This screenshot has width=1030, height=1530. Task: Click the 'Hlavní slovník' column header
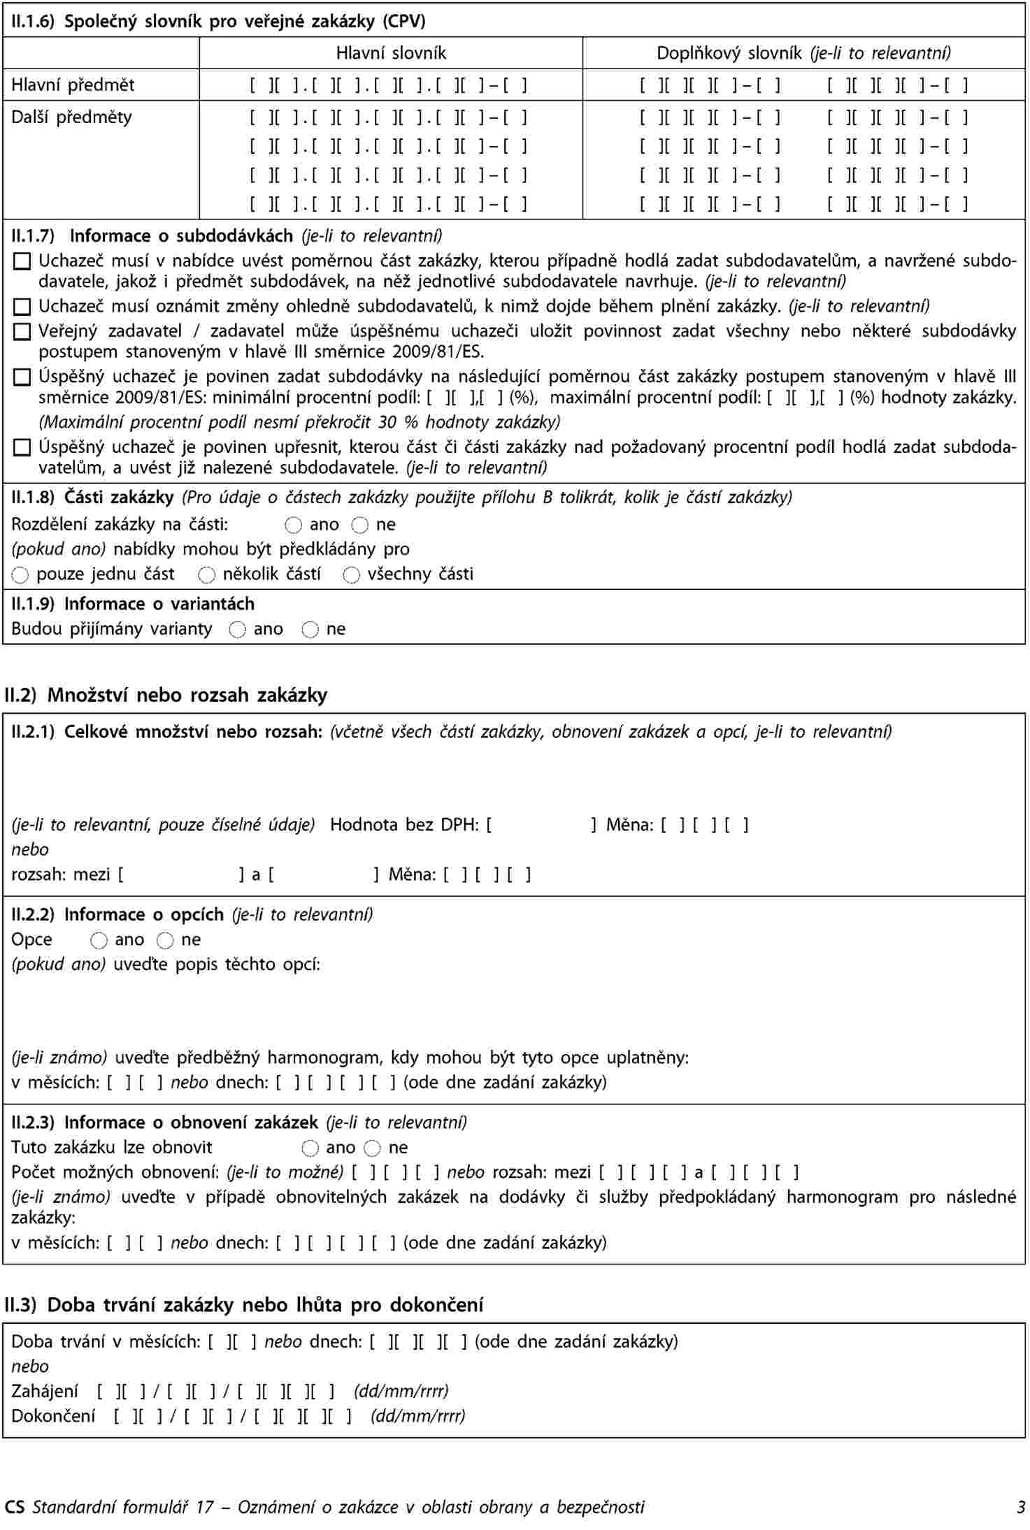pyautogui.click(x=391, y=53)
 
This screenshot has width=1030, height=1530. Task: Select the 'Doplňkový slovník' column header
pyautogui.click(x=803, y=53)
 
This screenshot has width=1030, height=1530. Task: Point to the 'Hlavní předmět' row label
pyautogui.click(x=73, y=85)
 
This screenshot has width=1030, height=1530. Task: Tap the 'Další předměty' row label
pyautogui.click(x=71, y=117)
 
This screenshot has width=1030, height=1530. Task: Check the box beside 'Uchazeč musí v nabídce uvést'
pyautogui.click(x=22, y=262)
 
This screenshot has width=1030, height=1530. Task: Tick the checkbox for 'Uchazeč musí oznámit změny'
pyautogui.click(x=22, y=307)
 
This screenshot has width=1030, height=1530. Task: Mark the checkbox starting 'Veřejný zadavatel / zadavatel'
pyautogui.click(x=22, y=331)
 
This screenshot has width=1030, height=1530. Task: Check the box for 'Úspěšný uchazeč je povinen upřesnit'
pyautogui.click(x=22, y=447)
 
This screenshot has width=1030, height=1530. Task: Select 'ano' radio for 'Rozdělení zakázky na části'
pyautogui.click(x=294, y=525)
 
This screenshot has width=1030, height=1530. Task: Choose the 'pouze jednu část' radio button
pyautogui.click(x=21, y=575)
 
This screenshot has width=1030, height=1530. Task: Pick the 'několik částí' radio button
pyautogui.click(x=207, y=575)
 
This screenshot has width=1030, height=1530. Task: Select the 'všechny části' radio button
pyautogui.click(x=352, y=575)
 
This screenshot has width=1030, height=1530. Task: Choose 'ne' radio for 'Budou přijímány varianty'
pyautogui.click(x=310, y=630)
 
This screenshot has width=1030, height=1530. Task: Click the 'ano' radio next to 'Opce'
pyautogui.click(x=99, y=941)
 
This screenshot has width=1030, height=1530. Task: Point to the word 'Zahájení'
pyautogui.click(x=45, y=1391)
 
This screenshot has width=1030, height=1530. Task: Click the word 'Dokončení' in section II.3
pyautogui.click(x=53, y=1416)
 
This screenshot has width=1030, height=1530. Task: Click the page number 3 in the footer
pyautogui.click(x=1021, y=1508)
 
